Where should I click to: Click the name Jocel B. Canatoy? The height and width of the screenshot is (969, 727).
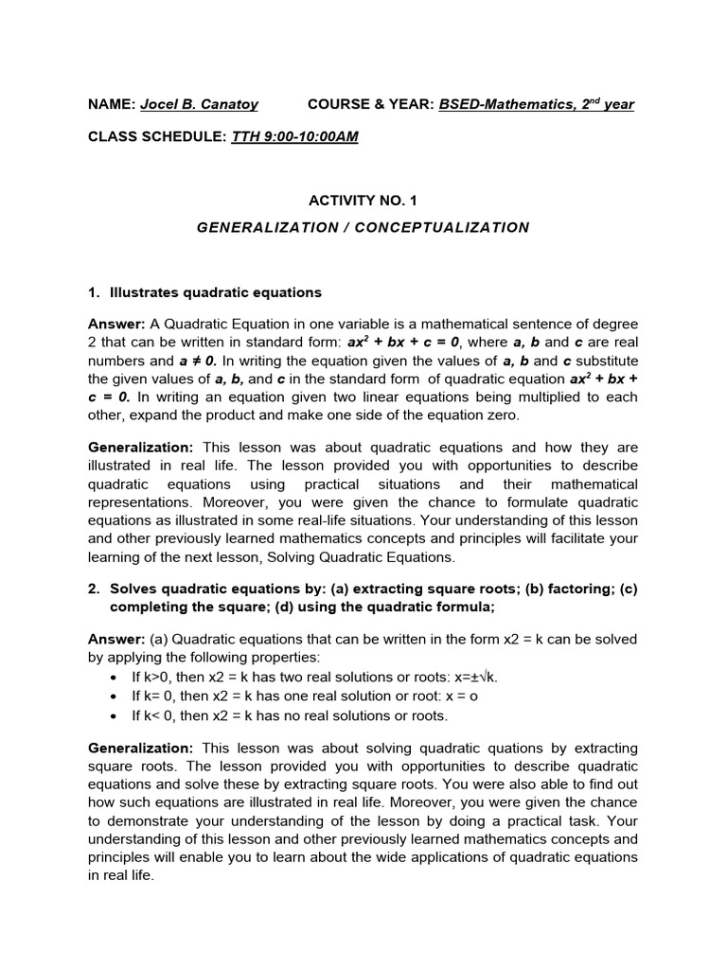coord(199,104)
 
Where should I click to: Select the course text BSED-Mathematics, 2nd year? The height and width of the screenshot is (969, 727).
coord(536,104)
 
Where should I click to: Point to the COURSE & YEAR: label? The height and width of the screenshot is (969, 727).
coord(371,104)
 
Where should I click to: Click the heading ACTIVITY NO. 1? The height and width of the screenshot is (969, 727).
coord(363,201)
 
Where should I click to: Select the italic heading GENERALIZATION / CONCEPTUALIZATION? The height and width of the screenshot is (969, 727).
coord(363,227)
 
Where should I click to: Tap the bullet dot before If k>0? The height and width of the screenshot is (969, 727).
coord(115,677)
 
